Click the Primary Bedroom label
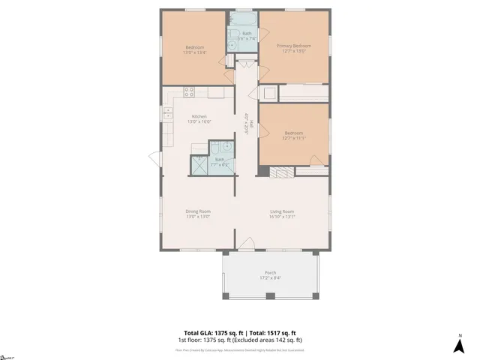(x=293, y=46)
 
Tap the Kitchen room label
(x=199, y=115)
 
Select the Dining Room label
(x=198, y=211)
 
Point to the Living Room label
(x=282, y=211)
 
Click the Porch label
(x=270, y=272)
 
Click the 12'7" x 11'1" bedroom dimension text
(x=293, y=138)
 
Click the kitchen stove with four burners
(x=190, y=93)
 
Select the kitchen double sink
(x=168, y=114)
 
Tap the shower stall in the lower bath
(x=200, y=165)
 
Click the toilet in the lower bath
(x=215, y=147)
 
